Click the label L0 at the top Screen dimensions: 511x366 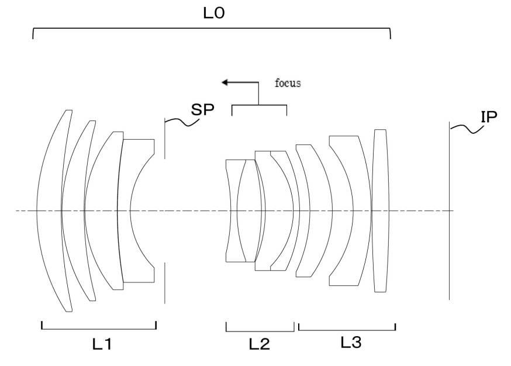214,13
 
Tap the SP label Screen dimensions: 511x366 202,109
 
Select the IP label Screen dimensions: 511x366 489,117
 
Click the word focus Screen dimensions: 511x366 288,83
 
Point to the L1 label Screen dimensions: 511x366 102,344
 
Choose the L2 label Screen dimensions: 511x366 260,344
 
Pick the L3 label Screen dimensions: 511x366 351,342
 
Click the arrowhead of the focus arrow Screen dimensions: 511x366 225,82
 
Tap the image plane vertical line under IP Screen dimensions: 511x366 450,211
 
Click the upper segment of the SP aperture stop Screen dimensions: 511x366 165,139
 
